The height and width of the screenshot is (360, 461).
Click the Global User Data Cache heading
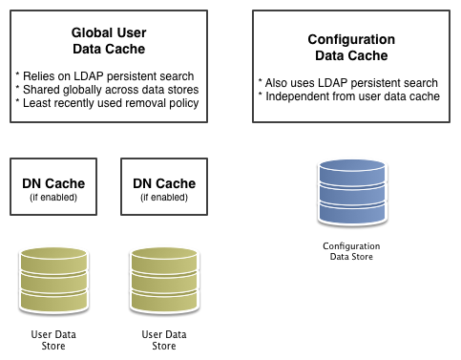tap(108, 39)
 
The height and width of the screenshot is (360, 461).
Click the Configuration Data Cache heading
tap(351, 47)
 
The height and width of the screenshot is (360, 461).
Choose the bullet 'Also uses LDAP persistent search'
tap(348, 83)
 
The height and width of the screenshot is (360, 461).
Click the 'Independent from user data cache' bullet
tap(349, 97)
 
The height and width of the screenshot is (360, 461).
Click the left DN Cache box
tap(53, 189)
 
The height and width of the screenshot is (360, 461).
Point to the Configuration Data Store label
tap(351, 250)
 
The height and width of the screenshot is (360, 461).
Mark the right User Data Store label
tap(164, 339)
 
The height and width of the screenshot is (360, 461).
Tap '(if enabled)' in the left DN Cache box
tap(53, 197)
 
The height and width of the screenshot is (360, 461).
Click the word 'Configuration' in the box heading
tap(351, 39)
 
